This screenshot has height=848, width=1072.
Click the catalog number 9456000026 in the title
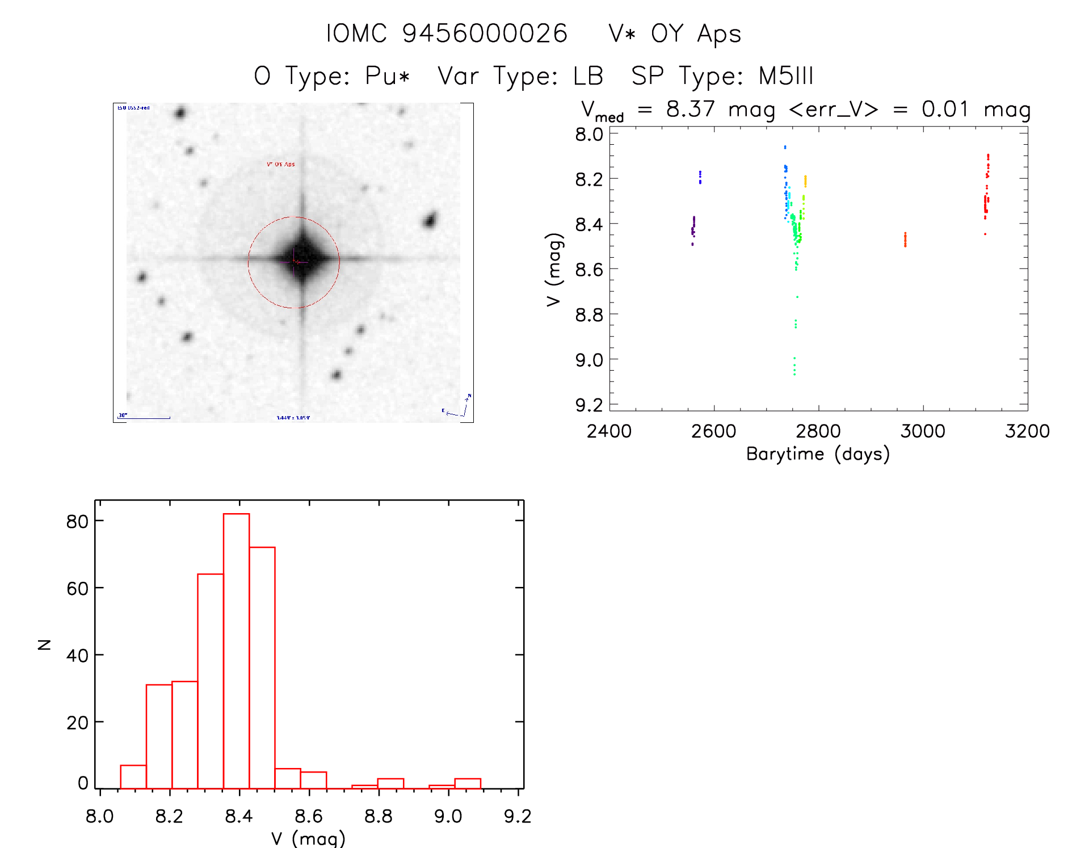click(485, 33)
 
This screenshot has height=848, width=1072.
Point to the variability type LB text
click(588, 76)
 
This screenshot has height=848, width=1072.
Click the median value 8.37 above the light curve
click(690, 109)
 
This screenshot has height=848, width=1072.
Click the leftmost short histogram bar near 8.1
click(133, 777)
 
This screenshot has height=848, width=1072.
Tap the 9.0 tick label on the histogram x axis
click(448, 816)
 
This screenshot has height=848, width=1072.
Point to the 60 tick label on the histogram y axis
click(77, 589)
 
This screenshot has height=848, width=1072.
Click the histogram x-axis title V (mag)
click(308, 838)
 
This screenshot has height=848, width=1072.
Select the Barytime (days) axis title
click(818, 454)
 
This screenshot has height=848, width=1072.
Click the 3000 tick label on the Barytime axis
click(923, 431)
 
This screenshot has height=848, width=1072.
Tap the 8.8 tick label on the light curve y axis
click(589, 314)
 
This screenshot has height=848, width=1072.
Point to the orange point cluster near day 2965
click(905, 240)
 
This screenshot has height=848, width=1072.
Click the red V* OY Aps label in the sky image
click(281, 165)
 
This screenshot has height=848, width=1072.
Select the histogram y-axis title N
click(44, 644)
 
